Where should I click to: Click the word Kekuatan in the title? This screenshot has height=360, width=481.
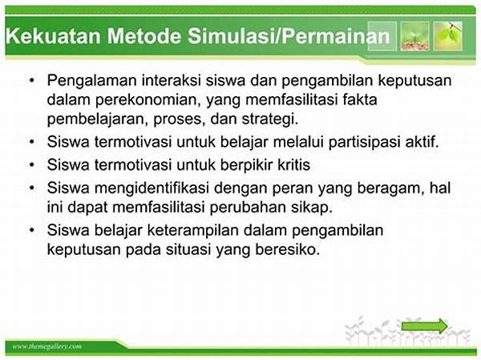53,36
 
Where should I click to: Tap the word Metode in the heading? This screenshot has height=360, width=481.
144,36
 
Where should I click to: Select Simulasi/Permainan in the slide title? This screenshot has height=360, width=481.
289,36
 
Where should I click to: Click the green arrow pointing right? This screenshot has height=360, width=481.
425,326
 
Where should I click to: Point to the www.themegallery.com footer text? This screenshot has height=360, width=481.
47,347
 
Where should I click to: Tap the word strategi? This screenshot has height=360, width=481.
269,119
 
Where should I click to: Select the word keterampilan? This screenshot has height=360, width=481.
193,231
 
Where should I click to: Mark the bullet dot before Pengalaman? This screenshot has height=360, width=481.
31,80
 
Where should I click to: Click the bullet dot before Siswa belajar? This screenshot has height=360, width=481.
31,230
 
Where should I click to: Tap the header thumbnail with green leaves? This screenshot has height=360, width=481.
448,36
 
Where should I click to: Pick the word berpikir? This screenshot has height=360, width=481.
246,165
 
